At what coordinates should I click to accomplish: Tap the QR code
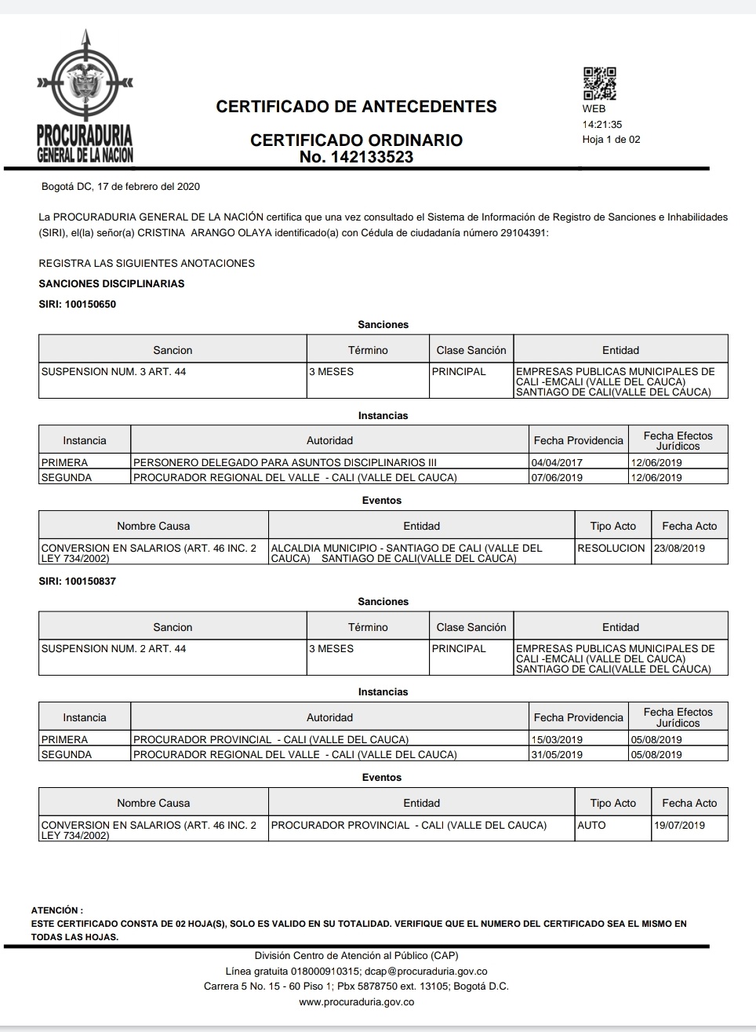599,84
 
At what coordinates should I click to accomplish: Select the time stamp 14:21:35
602,125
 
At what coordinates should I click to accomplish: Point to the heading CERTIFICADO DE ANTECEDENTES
356,107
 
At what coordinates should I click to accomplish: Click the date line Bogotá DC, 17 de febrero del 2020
120,187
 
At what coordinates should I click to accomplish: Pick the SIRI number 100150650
90,304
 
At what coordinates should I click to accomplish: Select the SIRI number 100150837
90,582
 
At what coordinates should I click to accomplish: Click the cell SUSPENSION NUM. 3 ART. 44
114,372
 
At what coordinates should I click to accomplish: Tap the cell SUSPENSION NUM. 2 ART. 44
114,649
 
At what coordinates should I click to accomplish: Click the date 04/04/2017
557,463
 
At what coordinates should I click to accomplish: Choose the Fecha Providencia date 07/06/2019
557,478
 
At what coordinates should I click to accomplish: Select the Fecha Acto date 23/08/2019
679,549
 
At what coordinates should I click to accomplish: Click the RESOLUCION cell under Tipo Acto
611,549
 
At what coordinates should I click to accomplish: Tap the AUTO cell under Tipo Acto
591,826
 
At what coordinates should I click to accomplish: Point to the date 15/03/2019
557,740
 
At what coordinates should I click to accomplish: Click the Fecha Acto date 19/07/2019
679,826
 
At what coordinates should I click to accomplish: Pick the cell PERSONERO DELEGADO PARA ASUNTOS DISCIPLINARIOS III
285,463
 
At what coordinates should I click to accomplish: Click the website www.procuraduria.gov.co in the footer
356,1002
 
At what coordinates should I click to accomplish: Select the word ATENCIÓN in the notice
55,910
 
